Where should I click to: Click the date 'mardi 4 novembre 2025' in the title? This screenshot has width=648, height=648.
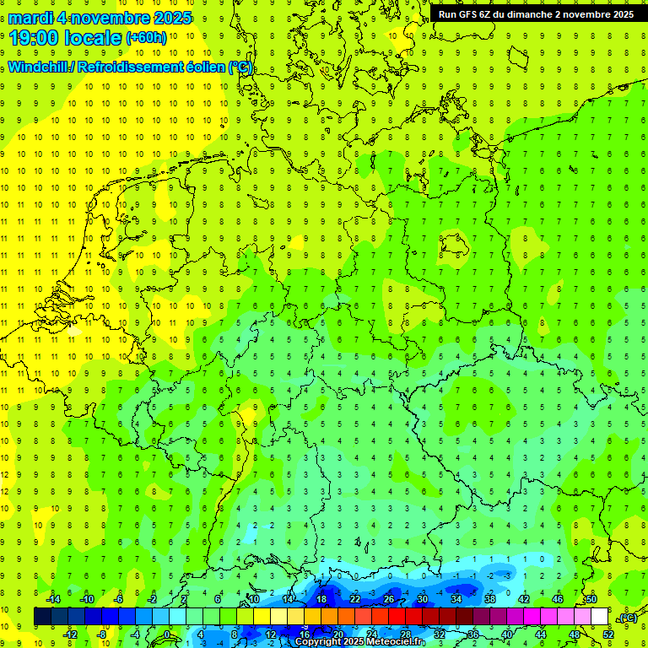click(x=100, y=18)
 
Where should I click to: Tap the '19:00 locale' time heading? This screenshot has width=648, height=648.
click(x=66, y=38)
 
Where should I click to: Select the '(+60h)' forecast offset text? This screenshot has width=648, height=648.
click(x=146, y=38)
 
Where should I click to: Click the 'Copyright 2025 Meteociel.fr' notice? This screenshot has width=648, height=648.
click(x=360, y=642)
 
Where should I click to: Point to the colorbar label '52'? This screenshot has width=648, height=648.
click(x=607, y=634)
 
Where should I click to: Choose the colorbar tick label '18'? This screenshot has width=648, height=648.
click(x=321, y=599)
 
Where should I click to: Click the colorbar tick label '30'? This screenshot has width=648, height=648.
click(x=423, y=599)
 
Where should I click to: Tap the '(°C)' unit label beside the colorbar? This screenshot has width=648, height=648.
click(x=628, y=618)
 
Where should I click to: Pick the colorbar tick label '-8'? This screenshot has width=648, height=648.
click(x=102, y=634)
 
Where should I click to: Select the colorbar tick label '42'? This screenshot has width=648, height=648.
click(x=524, y=599)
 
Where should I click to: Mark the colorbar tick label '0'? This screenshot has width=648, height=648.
click(x=169, y=634)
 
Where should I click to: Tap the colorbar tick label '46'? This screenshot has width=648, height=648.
click(x=558, y=599)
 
